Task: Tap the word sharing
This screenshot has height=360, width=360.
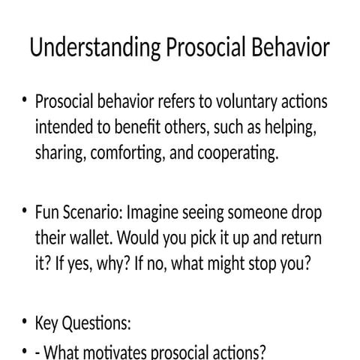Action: click(x=60, y=154)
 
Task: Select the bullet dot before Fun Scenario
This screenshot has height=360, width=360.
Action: click(x=25, y=212)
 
